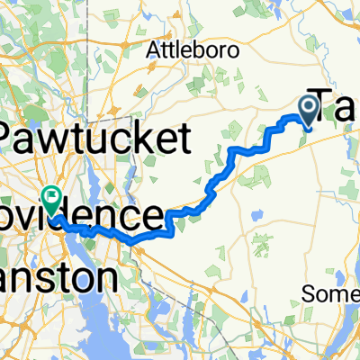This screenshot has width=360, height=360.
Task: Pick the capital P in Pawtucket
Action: [14, 139]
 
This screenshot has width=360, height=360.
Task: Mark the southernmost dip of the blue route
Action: [132, 241]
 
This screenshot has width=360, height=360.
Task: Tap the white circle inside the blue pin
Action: [308, 107]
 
